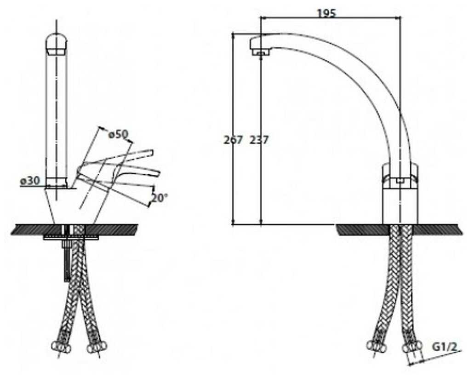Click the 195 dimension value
pyautogui.click(x=326, y=13)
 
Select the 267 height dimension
pyautogui.click(x=233, y=140)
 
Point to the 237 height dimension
pyautogui.click(x=259, y=140)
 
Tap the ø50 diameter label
pyautogui.click(x=118, y=135)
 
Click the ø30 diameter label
pyautogui.click(x=30, y=181)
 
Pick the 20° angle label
pyautogui.click(x=159, y=198)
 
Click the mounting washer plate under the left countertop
pyautogui.click(x=71, y=237)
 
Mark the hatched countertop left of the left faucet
pyautogui.click(x=32, y=229)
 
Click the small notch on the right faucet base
pyautogui.click(x=400, y=181)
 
